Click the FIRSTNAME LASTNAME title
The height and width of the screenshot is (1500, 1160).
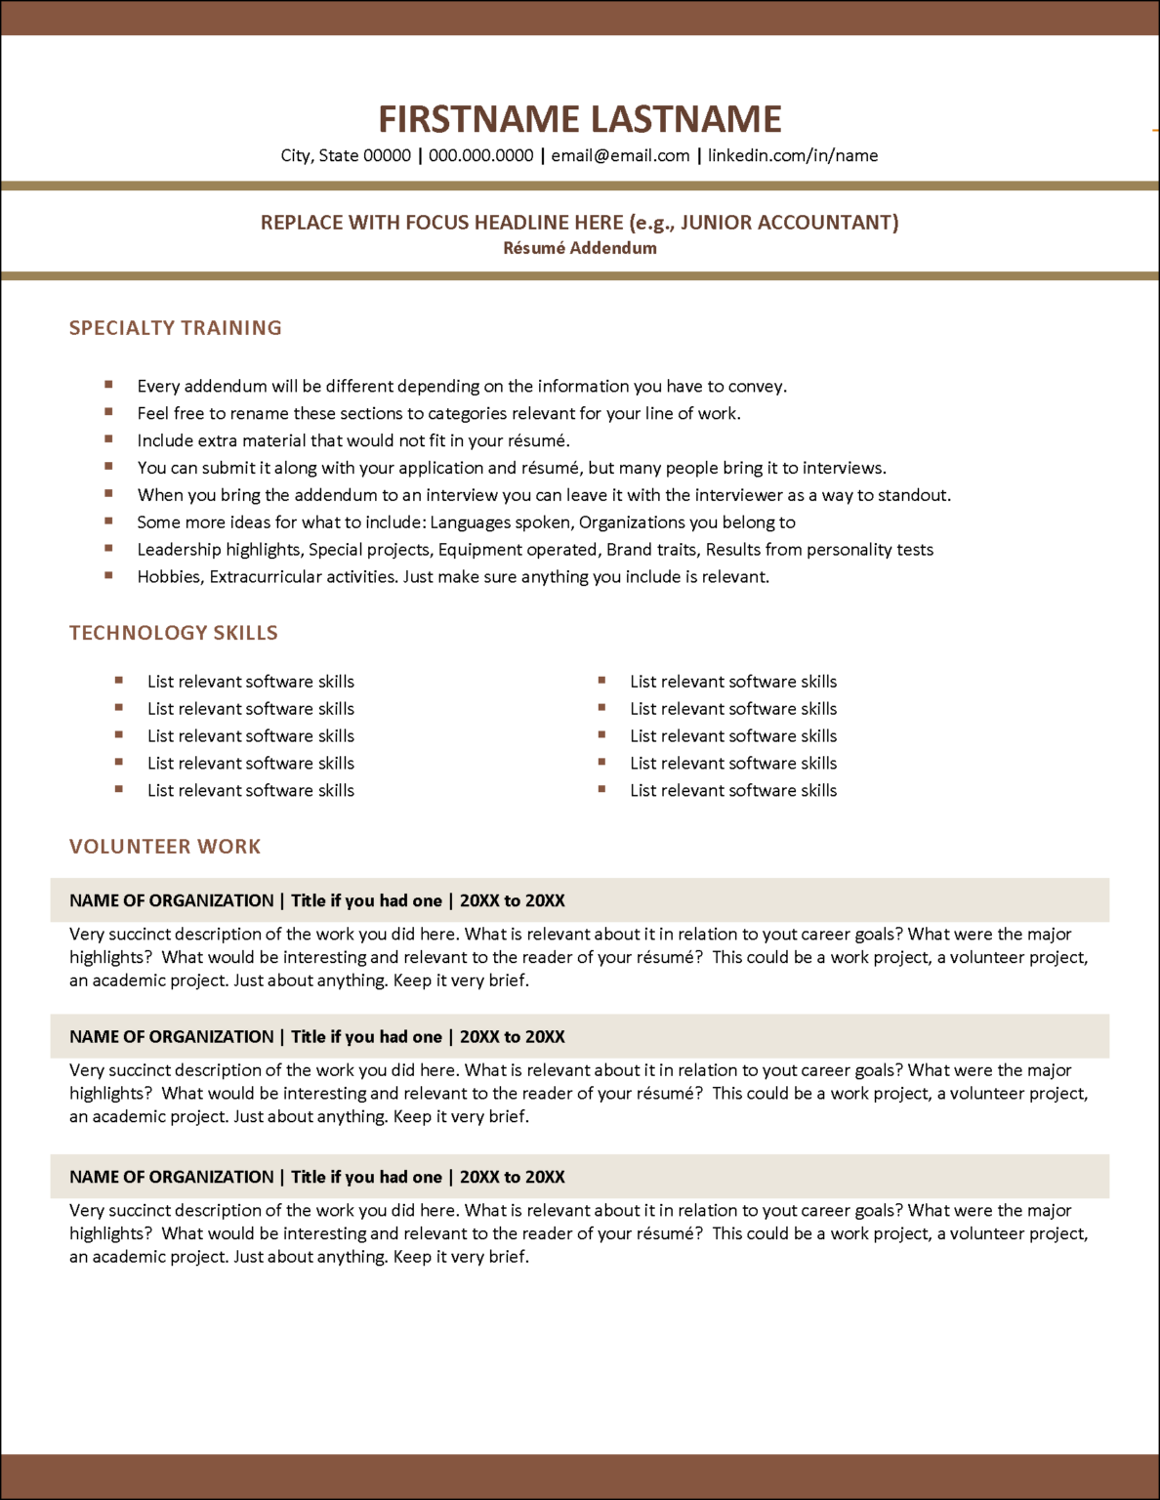click(x=579, y=119)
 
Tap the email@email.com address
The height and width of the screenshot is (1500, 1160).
click(x=620, y=155)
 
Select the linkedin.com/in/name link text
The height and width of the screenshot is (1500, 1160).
click(x=792, y=155)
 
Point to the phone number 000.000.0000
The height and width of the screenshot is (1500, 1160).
click(x=480, y=155)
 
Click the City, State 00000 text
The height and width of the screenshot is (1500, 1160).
click(x=346, y=155)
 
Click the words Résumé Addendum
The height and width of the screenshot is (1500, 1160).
click(x=579, y=248)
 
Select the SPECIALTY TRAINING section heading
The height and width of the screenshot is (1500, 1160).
click(x=175, y=328)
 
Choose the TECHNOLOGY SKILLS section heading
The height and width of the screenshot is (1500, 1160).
click(x=173, y=633)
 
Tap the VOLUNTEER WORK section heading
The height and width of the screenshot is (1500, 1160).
click(x=165, y=847)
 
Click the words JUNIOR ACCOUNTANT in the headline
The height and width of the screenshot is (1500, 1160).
click(x=786, y=223)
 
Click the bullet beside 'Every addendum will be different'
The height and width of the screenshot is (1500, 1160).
click(x=108, y=385)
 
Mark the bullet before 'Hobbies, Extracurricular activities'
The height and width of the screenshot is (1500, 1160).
click(x=108, y=575)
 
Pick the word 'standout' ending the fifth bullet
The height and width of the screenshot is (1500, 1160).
click(x=914, y=495)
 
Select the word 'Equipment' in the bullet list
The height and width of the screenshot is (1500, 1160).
click(x=477, y=550)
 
